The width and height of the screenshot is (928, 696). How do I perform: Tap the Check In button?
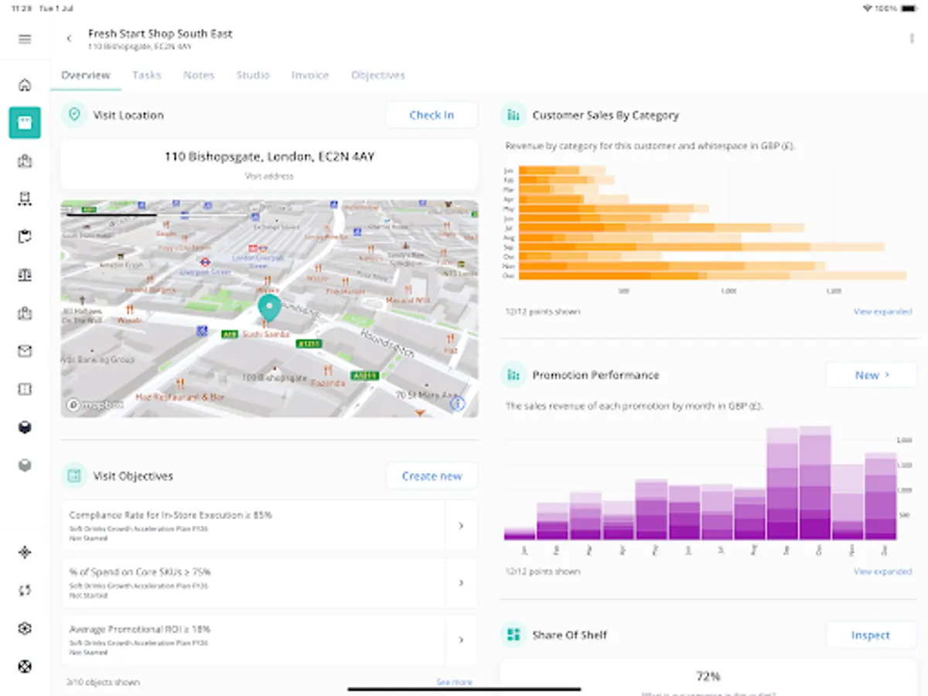[x=432, y=115]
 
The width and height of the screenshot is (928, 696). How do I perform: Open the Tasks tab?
[x=147, y=75]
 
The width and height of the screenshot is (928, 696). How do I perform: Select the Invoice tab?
[x=310, y=75]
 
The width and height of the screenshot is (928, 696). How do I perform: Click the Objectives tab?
[x=378, y=75]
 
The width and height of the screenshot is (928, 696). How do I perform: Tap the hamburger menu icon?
[x=25, y=39]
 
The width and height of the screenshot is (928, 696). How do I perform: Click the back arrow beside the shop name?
[x=69, y=39]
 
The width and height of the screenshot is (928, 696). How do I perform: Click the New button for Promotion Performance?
[x=872, y=375]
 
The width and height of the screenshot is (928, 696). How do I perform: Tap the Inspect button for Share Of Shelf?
[x=870, y=635]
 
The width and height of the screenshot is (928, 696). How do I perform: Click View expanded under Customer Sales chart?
[x=882, y=312]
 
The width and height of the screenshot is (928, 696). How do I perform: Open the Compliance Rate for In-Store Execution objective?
[x=255, y=525]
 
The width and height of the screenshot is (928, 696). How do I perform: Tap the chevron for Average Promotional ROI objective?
[x=461, y=640]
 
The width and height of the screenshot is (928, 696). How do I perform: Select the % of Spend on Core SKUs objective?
[x=255, y=582]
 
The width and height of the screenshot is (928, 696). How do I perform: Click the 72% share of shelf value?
[x=708, y=676]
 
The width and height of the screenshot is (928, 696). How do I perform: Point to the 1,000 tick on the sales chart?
[x=728, y=292]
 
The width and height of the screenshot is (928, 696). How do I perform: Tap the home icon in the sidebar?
[x=25, y=85]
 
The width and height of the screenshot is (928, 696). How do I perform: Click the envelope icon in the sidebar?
[x=25, y=352]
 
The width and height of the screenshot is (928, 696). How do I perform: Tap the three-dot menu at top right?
[x=912, y=39]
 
